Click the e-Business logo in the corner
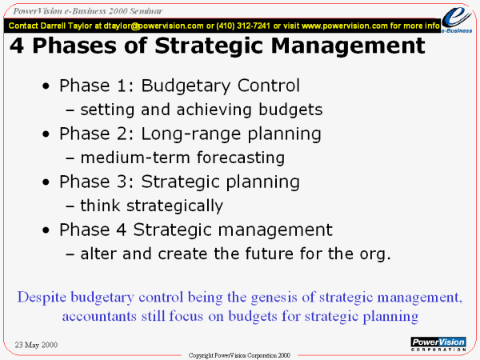pos(457,19)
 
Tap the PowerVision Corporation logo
pos(438,344)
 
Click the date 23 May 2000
pos(36,345)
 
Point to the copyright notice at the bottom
pos(239,355)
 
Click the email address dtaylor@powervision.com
pos(154,26)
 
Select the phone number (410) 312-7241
pos(243,26)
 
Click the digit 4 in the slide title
pos(17,46)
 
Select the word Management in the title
pos(348,46)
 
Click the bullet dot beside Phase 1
pos(46,86)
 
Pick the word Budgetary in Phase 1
pos(186,86)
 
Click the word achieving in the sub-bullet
pos(214,110)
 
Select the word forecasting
pos(241,158)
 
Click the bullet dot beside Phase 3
pos(46,182)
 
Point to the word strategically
pos(174,206)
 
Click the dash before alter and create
pos(70,254)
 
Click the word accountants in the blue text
pos(99,316)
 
